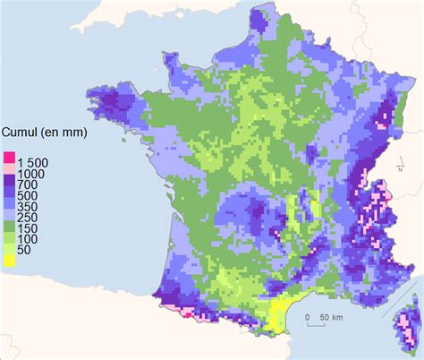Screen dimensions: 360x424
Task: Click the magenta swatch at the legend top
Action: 9,158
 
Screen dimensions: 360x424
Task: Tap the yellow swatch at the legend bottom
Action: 9,261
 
